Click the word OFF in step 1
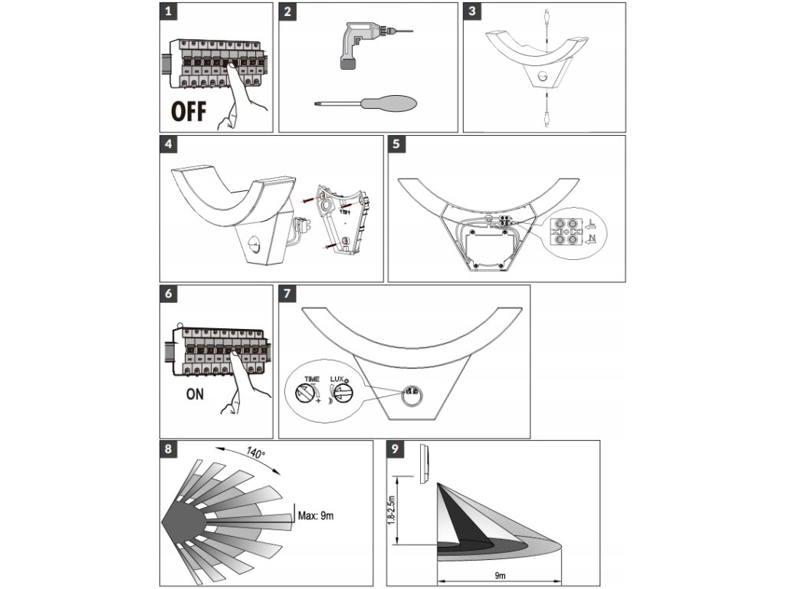(x=189, y=112)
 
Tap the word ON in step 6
(x=195, y=394)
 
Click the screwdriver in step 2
(x=366, y=104)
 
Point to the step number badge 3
(x=472, y=11)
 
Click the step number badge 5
(x=396, y=144)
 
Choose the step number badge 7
(x=287, y=294)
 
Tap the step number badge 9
(x=396, y=449)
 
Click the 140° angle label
(x=255, y=452)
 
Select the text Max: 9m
(x=315, y=515)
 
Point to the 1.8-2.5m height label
(x=392, y=510)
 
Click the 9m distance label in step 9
(x=499, y=577)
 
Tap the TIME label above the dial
(x=311, y=379)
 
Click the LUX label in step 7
(x=337, y=379)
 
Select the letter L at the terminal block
(x=592, y=222)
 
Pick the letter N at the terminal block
(x=593, y=238)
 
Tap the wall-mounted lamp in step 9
(x=423, y=464)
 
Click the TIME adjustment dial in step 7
(x=305, y=393)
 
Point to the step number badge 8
(x=168, y=449)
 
